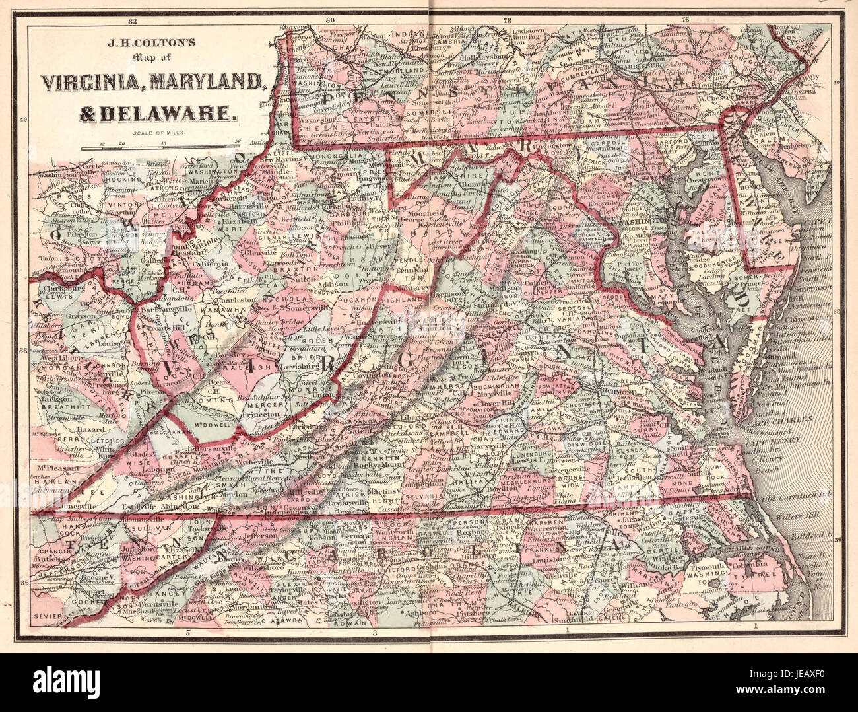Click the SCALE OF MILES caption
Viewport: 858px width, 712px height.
click(x=158, y=133)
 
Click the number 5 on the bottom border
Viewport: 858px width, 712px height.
click(x=188, y=633)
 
